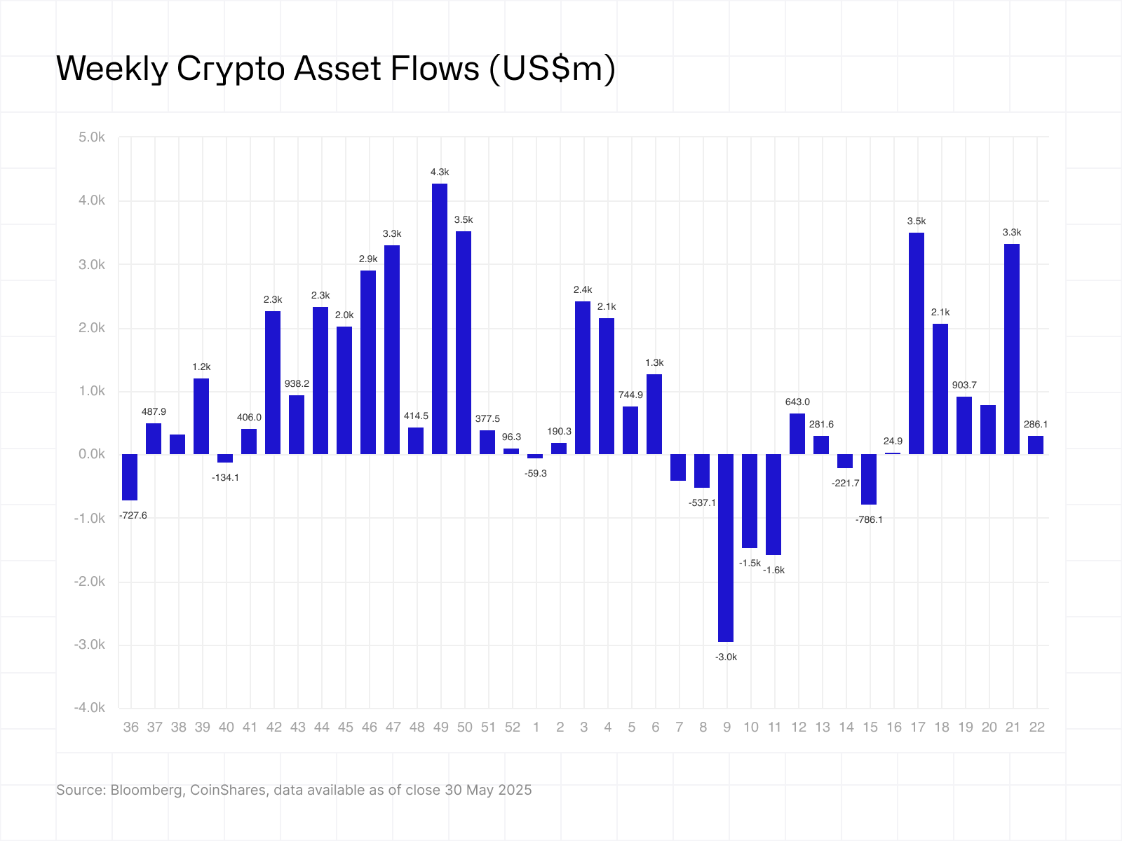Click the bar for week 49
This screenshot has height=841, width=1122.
[440, 319]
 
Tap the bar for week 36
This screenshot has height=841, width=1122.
[130, 477]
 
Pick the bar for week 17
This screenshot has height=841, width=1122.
[917, 343]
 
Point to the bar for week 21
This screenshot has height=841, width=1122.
[1012, 349]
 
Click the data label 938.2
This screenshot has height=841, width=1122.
[297, 383]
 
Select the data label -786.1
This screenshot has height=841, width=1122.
[870, 519]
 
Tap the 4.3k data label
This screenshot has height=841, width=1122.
[440, 172]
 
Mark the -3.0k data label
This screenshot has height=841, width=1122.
[726, 657]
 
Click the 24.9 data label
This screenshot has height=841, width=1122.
[893, 441]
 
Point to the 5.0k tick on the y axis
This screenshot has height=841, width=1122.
[92, 137]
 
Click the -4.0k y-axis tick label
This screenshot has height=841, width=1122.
[90, 708]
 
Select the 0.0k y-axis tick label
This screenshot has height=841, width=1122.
[92, 454]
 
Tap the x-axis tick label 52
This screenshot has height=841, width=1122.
[512, 727]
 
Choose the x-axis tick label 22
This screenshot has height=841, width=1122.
[1036, 727]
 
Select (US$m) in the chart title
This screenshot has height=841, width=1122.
[551, 69]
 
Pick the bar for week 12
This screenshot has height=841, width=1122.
[797, 434]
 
